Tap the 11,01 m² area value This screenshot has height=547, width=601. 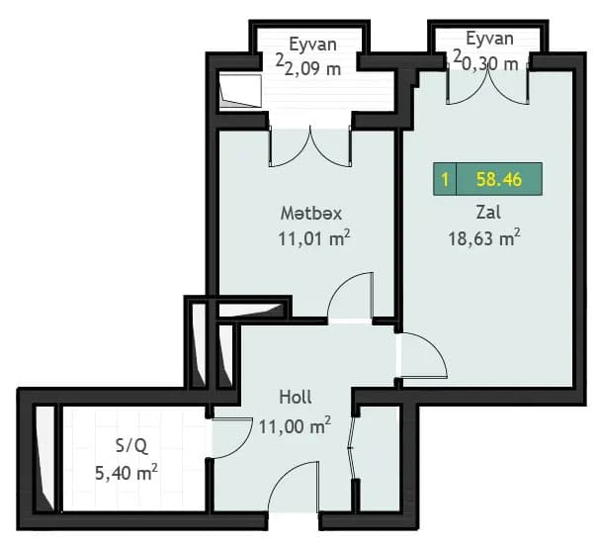(315, 238)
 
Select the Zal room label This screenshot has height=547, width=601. (486, 213)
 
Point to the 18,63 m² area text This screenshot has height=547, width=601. (486, 238)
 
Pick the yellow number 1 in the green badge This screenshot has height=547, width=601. (446, 180)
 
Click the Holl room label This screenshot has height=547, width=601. (296, 398)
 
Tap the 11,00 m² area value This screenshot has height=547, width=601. (294, 426)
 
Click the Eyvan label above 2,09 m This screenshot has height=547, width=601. (313, 44)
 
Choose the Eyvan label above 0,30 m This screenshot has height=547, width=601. (489, 40)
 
